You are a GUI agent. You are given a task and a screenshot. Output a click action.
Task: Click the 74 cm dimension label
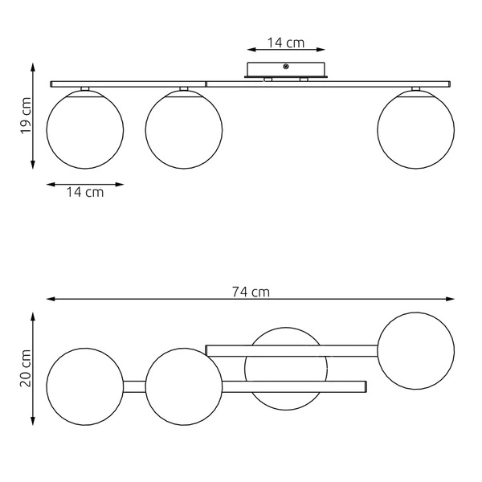click(251, 292)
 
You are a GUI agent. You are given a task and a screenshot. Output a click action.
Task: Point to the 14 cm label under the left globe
click(85, 192)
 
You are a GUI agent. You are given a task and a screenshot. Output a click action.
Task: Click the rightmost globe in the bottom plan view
click(415, 350)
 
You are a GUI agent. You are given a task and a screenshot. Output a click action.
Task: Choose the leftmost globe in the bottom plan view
click(85, 386)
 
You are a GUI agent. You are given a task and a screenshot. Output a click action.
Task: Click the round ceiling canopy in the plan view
click(286, 369)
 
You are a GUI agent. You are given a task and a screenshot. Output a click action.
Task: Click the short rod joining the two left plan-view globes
click(134, 386)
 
